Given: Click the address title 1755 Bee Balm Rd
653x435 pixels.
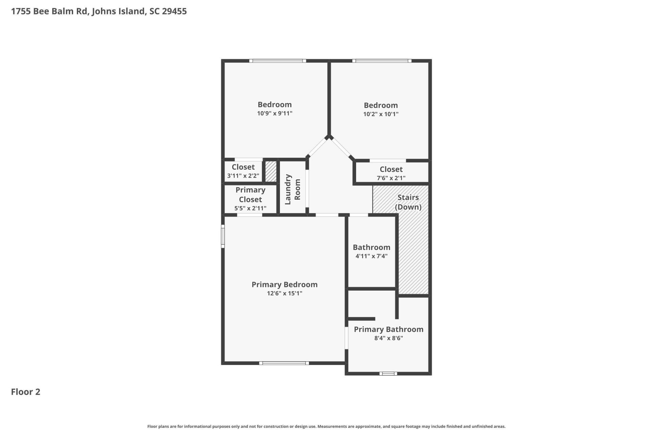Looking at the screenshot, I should (99, 11).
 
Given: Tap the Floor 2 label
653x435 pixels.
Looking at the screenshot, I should (26, 392).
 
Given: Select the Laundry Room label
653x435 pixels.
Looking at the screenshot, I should (292, 189).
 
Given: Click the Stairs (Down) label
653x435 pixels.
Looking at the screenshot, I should (408, 202).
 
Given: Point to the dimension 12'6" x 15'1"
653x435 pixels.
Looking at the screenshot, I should (284, 293).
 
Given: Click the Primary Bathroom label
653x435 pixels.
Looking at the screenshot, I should (388, 329).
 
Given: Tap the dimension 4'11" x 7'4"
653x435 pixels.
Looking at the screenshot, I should (371, 256).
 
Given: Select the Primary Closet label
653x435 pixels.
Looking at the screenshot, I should (250, 195).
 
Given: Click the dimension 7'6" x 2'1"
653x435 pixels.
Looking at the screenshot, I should (391, 178).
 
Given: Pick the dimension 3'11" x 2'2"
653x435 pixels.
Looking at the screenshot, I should (243, 176).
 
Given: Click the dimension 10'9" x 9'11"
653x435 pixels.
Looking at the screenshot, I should (274, 113).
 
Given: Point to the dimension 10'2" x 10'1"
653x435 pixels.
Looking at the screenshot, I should (381, 114).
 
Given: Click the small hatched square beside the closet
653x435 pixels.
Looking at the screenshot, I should (271, 171).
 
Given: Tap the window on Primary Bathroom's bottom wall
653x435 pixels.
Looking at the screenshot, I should (388, 373).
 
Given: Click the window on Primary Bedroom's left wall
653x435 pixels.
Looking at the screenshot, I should (223, 236).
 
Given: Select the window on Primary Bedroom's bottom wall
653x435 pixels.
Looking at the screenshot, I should (284, 363).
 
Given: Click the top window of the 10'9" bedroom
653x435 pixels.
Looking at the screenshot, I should (278, 61).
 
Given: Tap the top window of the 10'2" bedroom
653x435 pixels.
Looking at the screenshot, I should (382, 61).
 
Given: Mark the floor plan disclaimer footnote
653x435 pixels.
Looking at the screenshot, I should (326, 426).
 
